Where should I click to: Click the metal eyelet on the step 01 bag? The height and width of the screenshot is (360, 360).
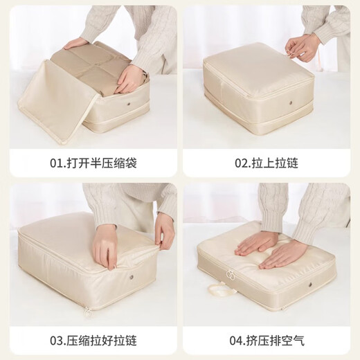[x=134, y=107]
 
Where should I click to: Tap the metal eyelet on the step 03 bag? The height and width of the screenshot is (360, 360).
[x=130, y=279]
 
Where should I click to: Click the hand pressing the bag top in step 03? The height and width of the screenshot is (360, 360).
[x=106, y=246]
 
